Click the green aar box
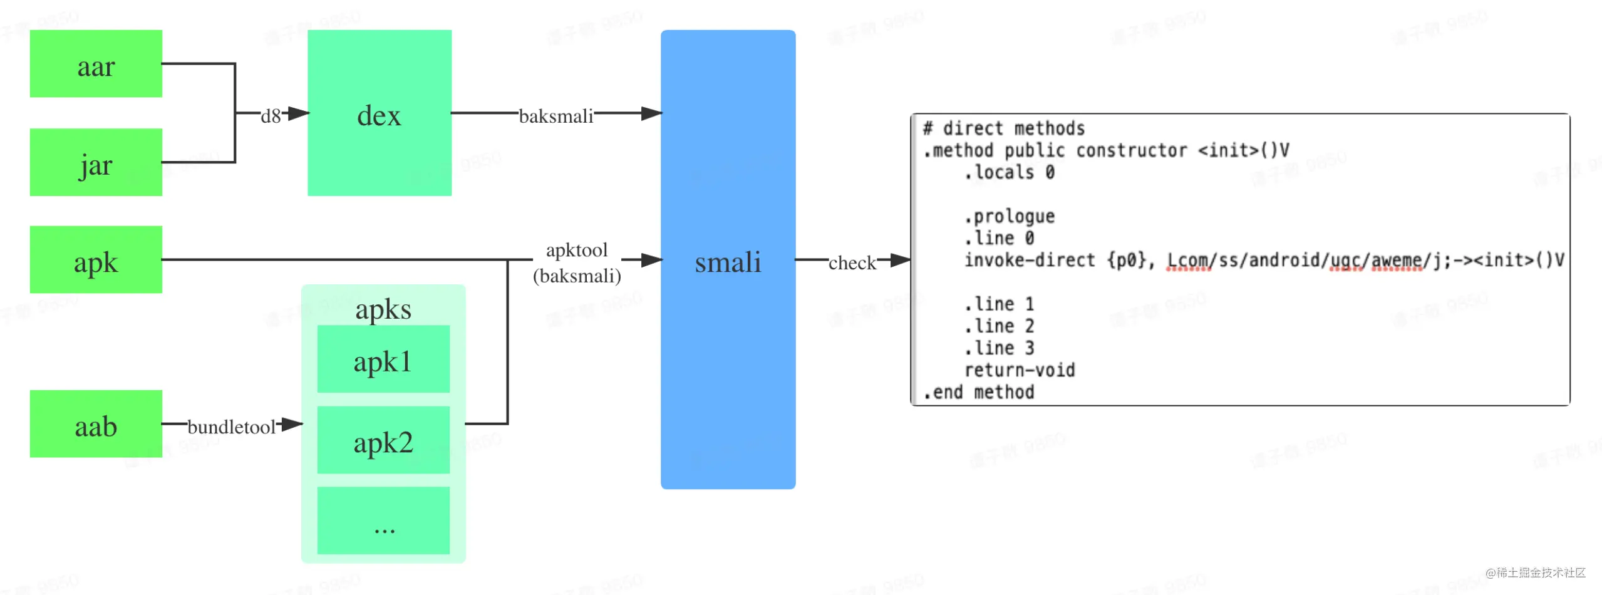(96, 64)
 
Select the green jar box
(96, 162)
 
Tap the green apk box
(96, 260)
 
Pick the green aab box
(96, 424)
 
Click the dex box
(379, 113)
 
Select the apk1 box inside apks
(383, 360)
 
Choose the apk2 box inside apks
(383, 440)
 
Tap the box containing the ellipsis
(383, 520)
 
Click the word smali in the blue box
(728, 262)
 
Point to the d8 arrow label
(271, 116)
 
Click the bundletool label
(231, 427)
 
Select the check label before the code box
(852, 262)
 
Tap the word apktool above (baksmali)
(576, 250)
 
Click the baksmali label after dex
(556, 116)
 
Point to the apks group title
(383, 309)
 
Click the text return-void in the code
(1019, 370)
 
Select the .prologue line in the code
(1009, 217)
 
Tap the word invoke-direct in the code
(1029, 260)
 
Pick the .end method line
(978, 393)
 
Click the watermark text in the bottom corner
(1535, 572)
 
